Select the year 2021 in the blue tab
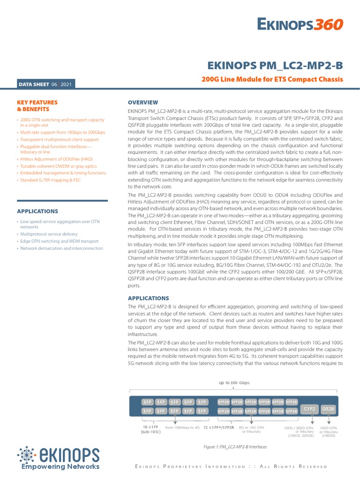(x=66, y=84)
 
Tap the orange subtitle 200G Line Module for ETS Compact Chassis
(x=272, y=80)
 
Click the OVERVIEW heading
(x=143, y=102)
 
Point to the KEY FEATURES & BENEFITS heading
(x=37, y=105)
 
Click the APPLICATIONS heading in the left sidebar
(x=37, y=211)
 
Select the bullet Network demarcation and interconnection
(x=61, y=248)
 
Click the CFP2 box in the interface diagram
(x=310, y=409)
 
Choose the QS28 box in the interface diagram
(x=328, y=409)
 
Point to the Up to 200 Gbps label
(x=234, y=383)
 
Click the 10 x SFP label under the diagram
(x=151, y=427)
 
